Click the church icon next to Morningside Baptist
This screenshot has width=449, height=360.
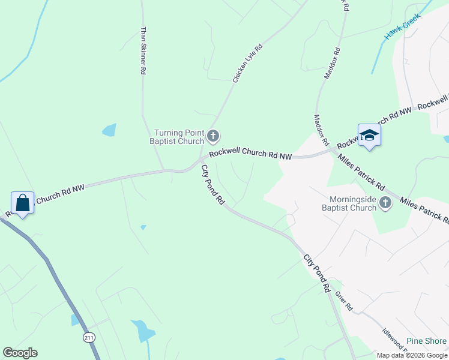[x=385, y=204]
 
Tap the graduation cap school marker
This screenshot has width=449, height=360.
[x=369, y=136]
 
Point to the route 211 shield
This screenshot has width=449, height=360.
[x=89, y=338]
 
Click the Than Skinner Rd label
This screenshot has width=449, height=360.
[x=143, y=50]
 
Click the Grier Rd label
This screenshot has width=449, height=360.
[x=344, y=301]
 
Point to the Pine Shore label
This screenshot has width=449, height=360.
[x=426, y=341]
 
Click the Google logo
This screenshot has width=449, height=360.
[x=20, y=353]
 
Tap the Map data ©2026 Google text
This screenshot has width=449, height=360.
[x=412, y=355]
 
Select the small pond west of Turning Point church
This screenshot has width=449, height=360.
[x=109, y=130]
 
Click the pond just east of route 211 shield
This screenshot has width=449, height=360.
[x=143, y=330]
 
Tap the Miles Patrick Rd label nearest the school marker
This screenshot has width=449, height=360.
[x=361, y=170]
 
